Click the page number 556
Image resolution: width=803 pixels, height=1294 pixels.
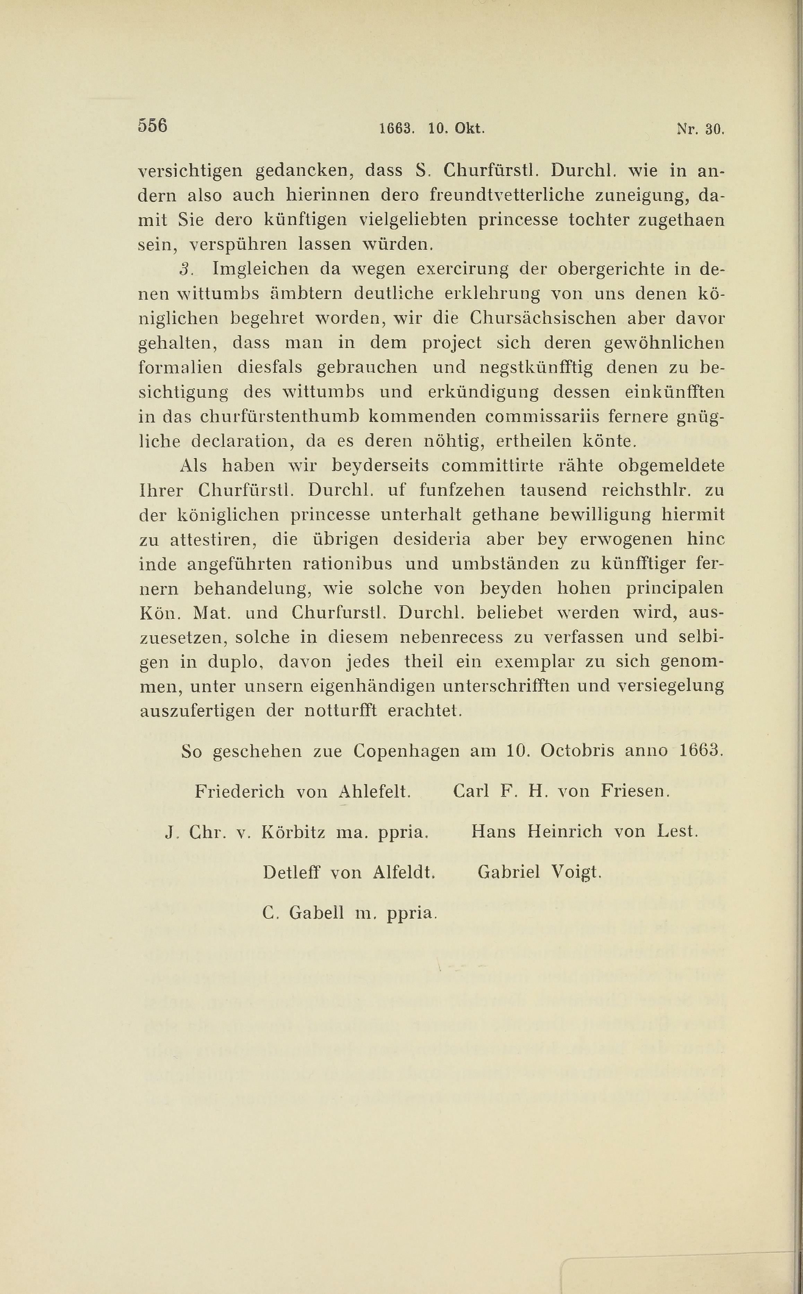click(x=153, y=126)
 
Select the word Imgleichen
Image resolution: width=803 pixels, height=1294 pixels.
click(x=260, y=269)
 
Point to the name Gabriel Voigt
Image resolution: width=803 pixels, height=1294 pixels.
click(x=539, y=872)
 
